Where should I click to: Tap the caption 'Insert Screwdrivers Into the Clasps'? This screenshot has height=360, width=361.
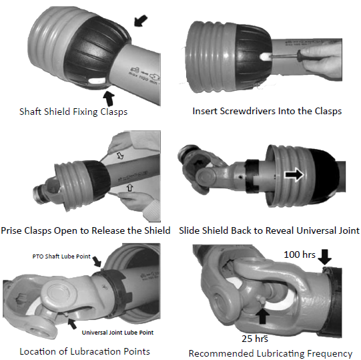(x=267, y=111)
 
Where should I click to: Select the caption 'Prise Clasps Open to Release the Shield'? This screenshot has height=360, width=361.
(x=85, y=230)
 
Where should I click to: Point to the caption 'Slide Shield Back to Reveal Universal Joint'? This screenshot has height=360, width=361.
(x=270, y=230)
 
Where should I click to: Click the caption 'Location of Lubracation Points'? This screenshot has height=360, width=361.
(x=84, y=351)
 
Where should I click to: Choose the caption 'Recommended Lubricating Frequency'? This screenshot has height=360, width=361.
(x=270, y=353)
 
